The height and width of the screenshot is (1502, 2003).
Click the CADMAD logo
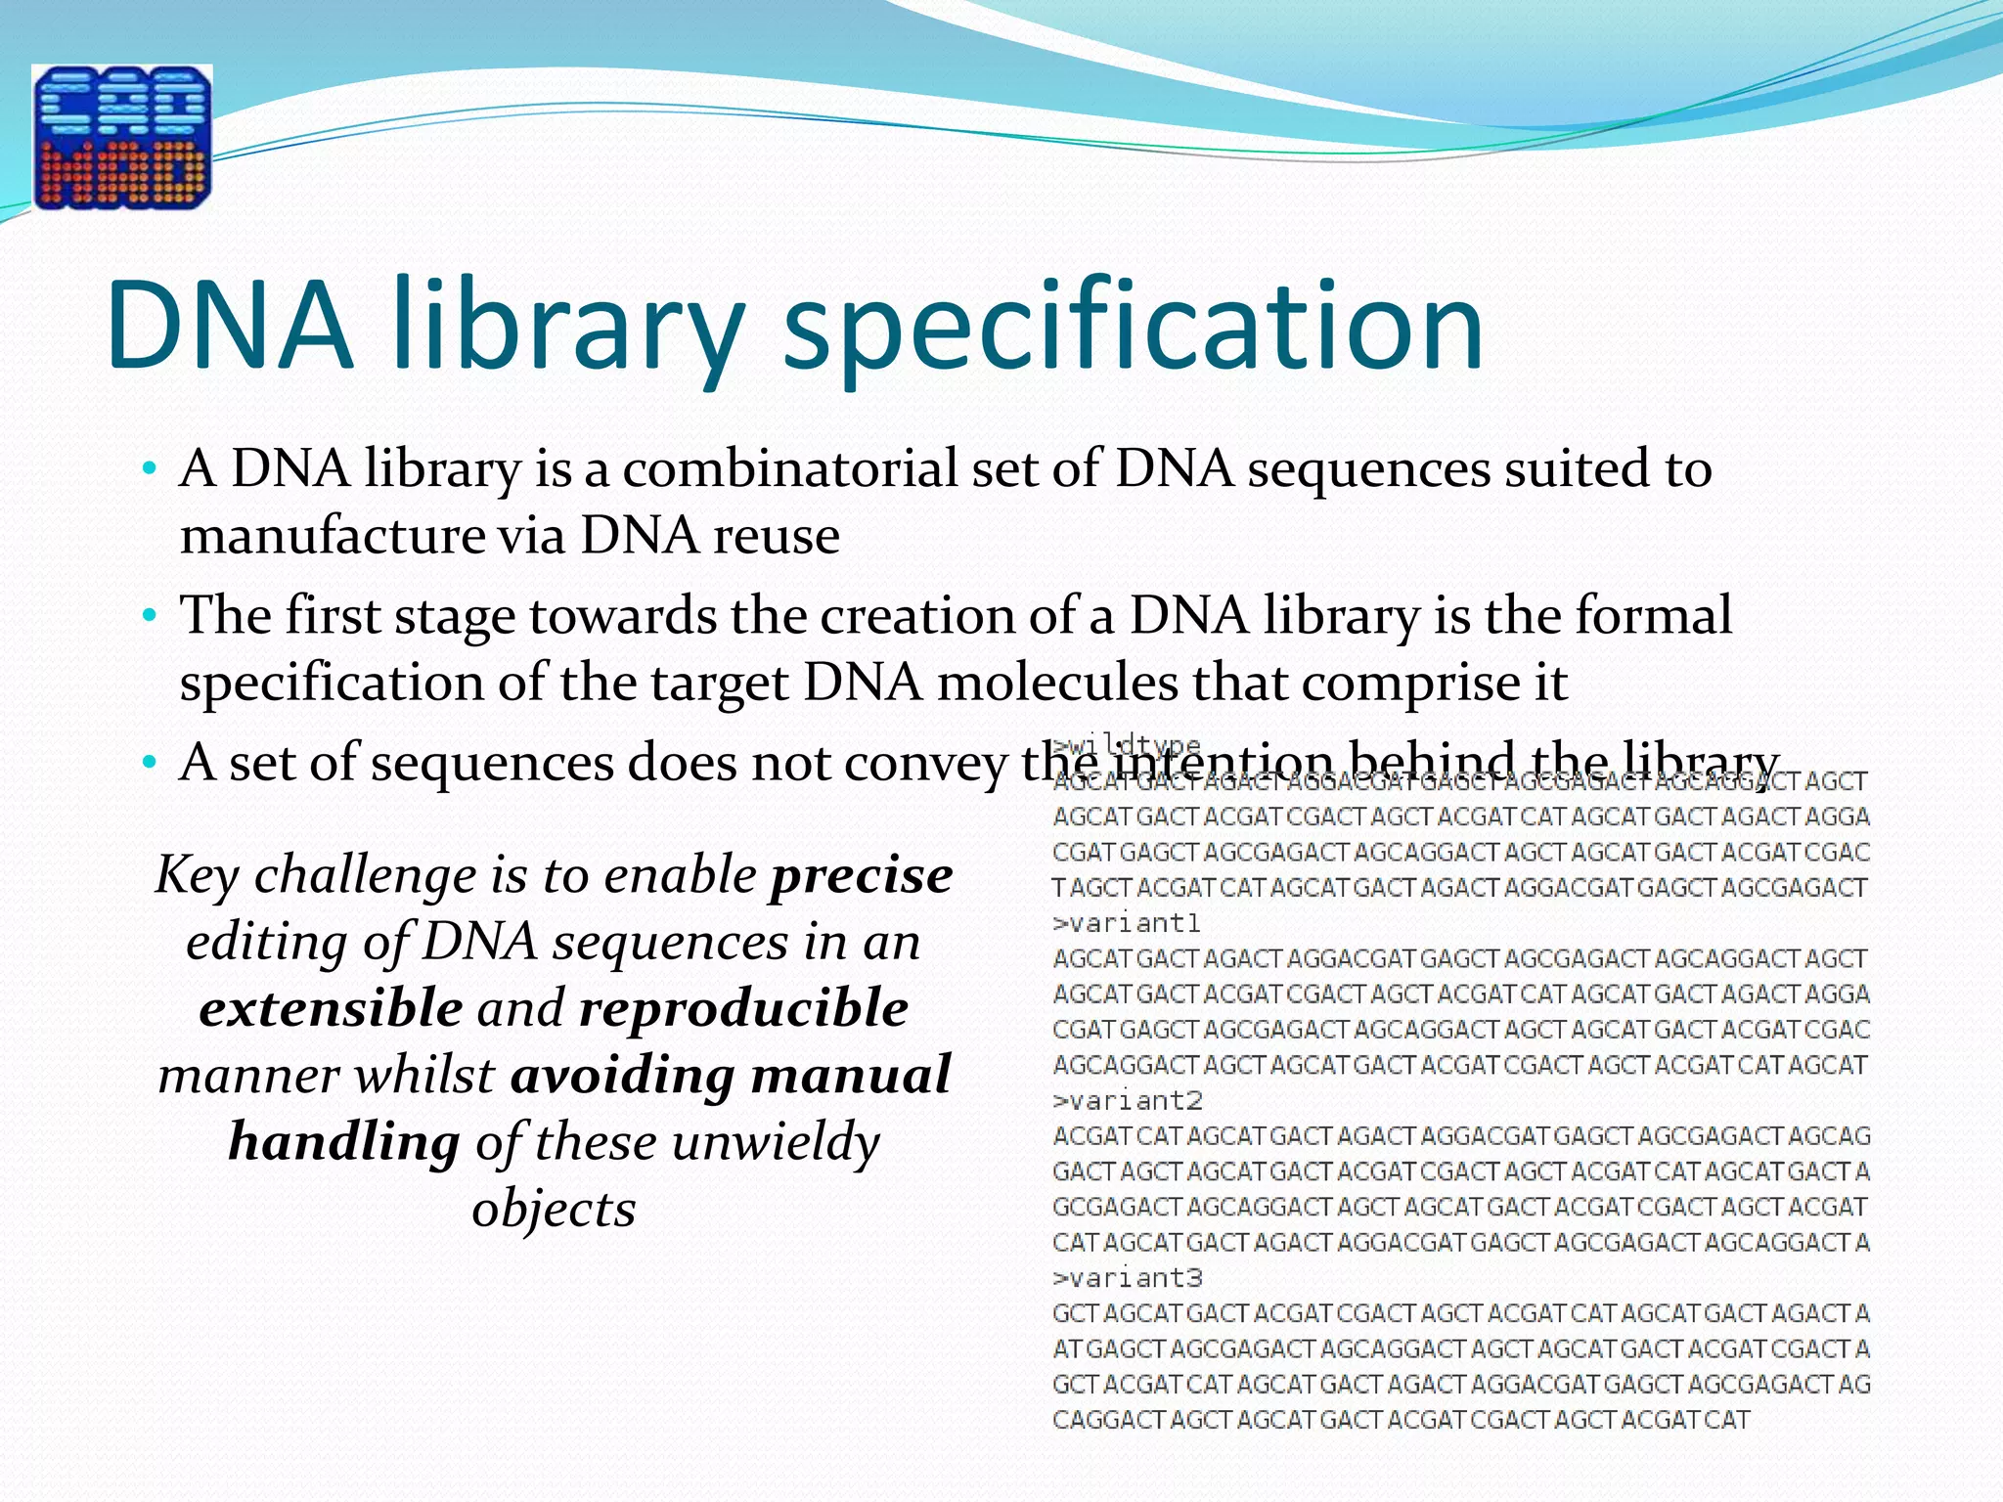pyautogui.click(x=122, y=137)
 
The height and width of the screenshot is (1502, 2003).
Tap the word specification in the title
pyautogui.click(x=1134, y=328)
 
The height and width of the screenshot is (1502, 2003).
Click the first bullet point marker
pyautogui.click(x=149, y=469)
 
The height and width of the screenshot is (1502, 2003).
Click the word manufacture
pyautogui.click(x=333, y=536)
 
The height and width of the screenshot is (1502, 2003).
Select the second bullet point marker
pyautogui.click(x=149, y=617)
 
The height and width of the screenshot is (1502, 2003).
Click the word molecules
pyautogui.click(x=1057, y=683)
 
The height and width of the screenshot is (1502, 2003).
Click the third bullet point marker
pyautogui.click(x=149, y=763)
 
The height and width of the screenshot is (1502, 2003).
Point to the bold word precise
pyautogui.click(x=861, y=875)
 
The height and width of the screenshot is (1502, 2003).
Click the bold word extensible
pyautogui.click(x=331, y=1008)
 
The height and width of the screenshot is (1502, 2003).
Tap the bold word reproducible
pyautogui.click(x=743, y=1008)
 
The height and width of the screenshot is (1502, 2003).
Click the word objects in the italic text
pyautogui.click(x=554, y=1209)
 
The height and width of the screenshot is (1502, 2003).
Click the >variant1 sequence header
pyautogui.click(x=1126, y=923)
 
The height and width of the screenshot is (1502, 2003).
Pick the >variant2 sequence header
pyautogui.click(x=1127, y=1101)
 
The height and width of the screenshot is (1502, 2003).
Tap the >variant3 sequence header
pyautogui.click(x=1127, y=1278)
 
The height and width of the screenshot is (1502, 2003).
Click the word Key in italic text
pyautogui.click(x=197, y=875)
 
